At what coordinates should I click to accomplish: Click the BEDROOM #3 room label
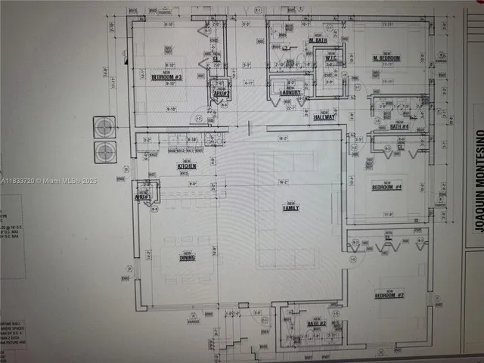point(166,76)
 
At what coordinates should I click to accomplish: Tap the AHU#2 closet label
point(221,92)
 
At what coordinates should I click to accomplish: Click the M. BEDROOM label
point(386,58)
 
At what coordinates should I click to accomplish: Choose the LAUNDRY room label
point(290,93)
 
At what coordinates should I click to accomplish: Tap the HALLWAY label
point(324,117)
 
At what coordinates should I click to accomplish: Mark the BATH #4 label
point(399,126)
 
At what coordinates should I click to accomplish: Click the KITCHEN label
point(187,166)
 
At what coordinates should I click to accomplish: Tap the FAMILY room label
point(290,207)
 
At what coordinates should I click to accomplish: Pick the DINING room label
point(187,258)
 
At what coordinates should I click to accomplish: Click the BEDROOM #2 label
point(389,295)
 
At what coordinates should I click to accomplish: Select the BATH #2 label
point(316,324)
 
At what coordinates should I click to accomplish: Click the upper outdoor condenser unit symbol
point(104,126)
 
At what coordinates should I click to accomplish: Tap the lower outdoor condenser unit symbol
point(104,151)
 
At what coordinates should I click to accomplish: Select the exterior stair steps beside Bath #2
point(238,340)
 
